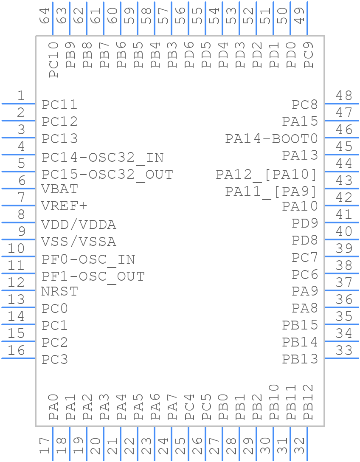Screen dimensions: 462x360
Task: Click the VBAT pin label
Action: tap(59, 189)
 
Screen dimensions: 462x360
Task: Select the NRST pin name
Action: tap(59, 291)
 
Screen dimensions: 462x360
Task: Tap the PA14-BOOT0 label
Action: tap(271, 138)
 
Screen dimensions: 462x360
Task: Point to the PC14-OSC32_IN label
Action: tap(102, 158)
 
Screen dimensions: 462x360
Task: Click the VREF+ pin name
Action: tap(64, 206)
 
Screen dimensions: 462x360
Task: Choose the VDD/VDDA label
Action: tap(79, 224)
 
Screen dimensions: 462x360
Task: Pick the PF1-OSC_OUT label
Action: tap(93, 276)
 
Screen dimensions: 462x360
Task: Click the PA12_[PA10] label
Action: tap(267, 175)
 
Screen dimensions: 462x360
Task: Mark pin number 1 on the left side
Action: tap(20, 96)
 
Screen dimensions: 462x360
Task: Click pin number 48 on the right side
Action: tap(344, 96)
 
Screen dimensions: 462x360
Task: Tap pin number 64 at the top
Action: tap(45, 16)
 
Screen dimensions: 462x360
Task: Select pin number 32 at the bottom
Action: tap(299, 446)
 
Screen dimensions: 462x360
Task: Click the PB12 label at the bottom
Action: tap(308, 402)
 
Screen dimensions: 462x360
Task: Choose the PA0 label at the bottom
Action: tap(53, 407)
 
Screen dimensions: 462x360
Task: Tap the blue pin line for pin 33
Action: tap(342, 358)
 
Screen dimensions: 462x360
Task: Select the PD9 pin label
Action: tap(305, 223)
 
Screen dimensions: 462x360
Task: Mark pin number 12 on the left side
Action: tap(17, 282)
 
